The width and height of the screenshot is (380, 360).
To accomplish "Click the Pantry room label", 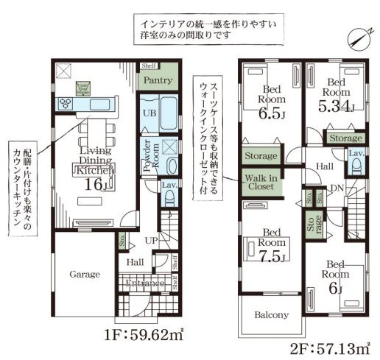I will click(158, 80).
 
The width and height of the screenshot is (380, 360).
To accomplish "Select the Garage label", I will click(85, 274).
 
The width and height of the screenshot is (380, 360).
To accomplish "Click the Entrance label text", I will click(144, 283).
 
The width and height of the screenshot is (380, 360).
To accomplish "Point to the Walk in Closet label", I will click(261, 182).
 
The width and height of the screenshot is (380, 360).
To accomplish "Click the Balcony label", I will click(270, 315).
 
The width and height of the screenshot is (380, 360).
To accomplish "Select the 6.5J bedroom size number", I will click(270, 115).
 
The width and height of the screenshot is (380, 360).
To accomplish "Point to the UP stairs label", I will click(149, 241).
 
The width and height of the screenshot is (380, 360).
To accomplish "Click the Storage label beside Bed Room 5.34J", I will click(345, 138).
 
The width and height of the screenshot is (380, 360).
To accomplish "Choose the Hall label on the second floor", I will click(325, 168).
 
